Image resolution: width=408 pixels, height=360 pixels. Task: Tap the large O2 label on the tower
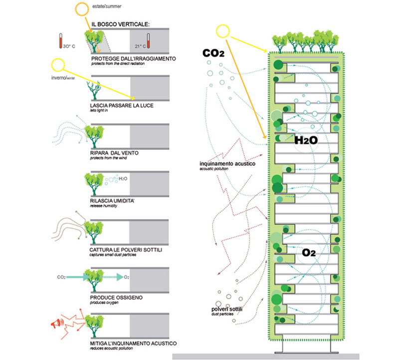tap(309, 253)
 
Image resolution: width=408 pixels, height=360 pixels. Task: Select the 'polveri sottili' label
tap(227, 310)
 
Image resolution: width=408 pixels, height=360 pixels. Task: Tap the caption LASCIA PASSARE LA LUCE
tap(122, 106)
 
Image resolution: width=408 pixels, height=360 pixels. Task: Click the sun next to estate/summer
tap(82, 9)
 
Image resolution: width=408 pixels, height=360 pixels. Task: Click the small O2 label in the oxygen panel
tap(127, 277)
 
